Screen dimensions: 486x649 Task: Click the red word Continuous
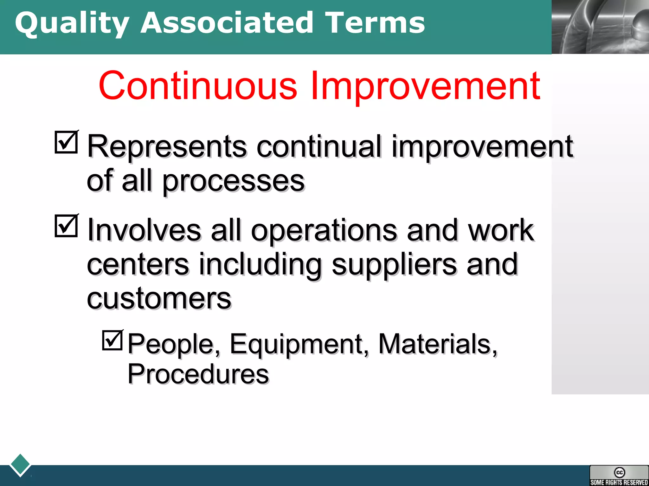click(198, 85)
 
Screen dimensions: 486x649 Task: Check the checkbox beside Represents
click(66, 142)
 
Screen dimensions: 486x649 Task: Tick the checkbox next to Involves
click(66, 226)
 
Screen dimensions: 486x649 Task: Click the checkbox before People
click(112, 340)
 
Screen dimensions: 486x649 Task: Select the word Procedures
click(198, 374)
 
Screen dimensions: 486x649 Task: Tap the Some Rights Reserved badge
click(619, 475)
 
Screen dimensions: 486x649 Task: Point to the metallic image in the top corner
click(600, 27)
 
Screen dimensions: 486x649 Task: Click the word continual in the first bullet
click(319, 146)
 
